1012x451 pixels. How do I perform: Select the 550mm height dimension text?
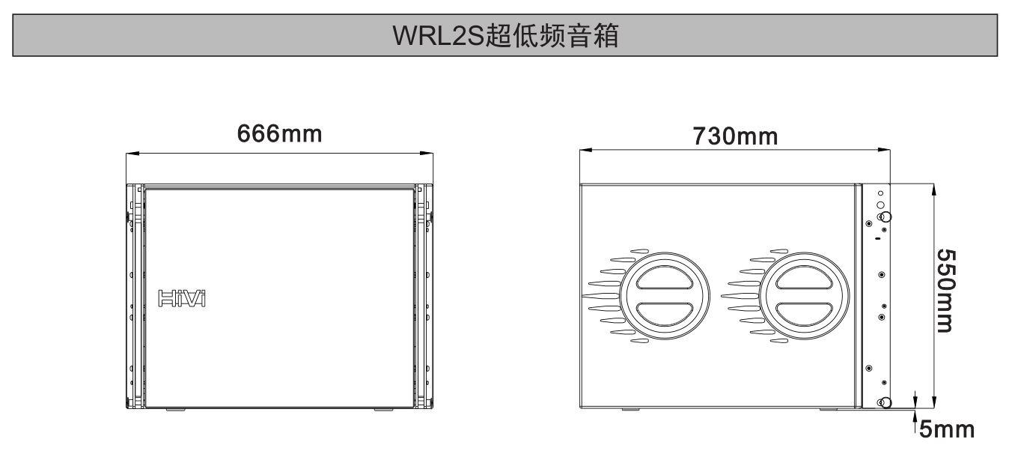(x=950, y=291)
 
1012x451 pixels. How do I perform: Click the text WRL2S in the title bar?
(x=441, y=36)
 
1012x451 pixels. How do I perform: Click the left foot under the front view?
(x=174, y=410)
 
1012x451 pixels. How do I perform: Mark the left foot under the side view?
(x=630, y=409)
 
